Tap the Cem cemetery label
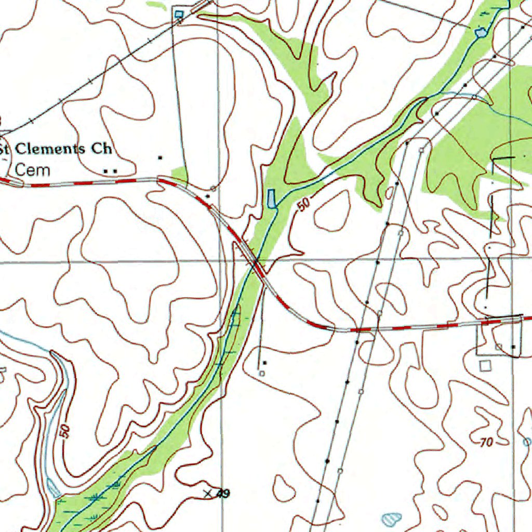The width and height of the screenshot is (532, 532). click(33, 169)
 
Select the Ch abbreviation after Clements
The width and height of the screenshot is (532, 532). click(101, 149)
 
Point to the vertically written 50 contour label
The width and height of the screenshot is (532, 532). click(64, 432)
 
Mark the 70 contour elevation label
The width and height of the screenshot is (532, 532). click(486, 443)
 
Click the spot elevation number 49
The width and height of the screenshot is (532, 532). click(223, 494)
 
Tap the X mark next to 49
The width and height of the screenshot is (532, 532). click(208, 493)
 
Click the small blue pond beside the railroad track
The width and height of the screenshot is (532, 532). click(180, 14)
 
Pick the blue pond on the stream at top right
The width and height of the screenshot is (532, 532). click(481, 33)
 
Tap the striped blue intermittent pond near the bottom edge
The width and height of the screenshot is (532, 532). click(391, 518)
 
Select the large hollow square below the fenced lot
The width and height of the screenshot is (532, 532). click(485, 366)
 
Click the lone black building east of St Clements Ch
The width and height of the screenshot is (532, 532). click(160, 157)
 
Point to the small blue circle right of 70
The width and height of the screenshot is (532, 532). click(527, 442)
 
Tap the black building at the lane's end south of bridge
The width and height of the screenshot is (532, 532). click(265, 362)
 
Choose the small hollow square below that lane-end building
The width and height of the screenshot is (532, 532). click(261, 373)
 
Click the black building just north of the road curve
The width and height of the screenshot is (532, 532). click(208, 196)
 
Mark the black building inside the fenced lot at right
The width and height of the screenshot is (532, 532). click(513, 347)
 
